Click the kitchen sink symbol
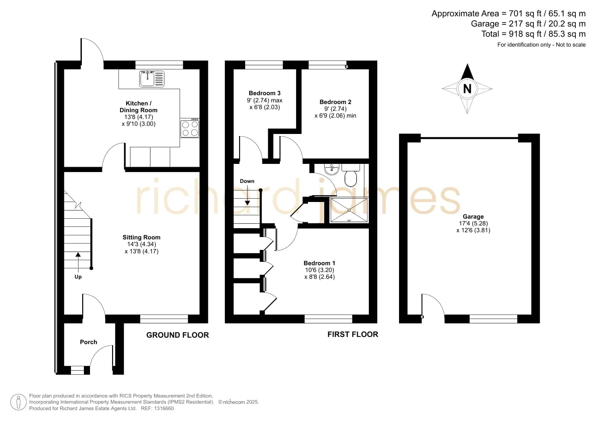coord(152,79)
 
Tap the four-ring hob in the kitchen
coord(190,128)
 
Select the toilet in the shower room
coord(350,174)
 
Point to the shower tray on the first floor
coord(349,210)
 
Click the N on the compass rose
coord(467,89)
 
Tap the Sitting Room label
coord(141,237)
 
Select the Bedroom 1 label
coord(319,263)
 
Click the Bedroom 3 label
coord(265,93)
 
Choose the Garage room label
coord(473,217)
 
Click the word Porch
coord(88,342)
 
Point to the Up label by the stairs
coord(78,277)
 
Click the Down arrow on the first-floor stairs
coord(248,197)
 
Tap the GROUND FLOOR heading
coord(178,335)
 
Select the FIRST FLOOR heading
coord(353,334)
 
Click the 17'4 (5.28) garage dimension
coord(473,223)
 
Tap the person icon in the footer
coord(18,402)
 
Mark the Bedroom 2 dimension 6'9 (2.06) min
coord(336,116)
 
